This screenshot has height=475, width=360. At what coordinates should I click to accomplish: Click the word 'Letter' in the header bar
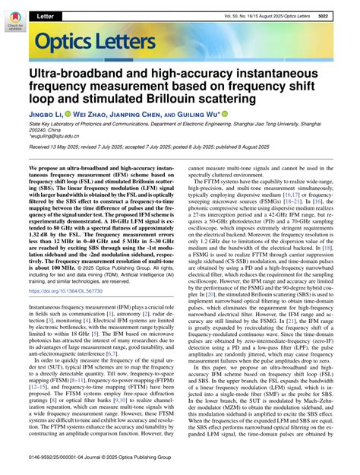(x=45, y=15)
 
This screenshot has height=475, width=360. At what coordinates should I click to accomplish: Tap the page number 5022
(x=343, y=15)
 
